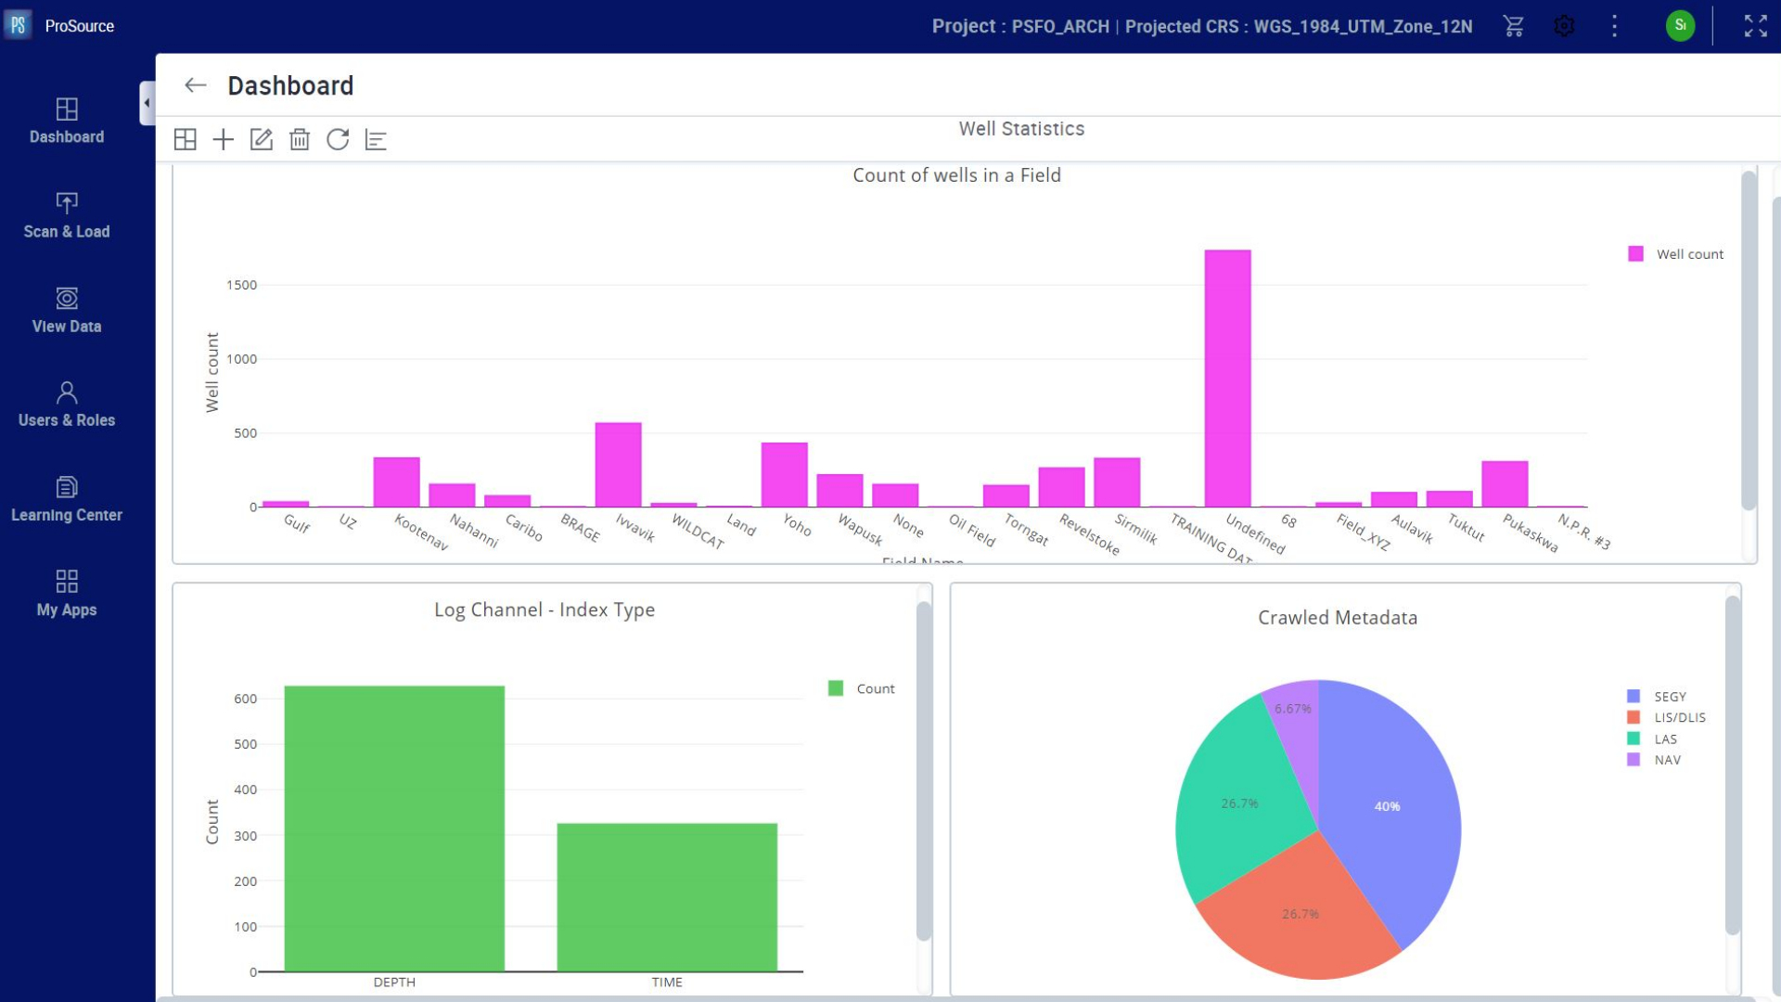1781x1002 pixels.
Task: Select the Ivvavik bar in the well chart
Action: [x=618, y=465]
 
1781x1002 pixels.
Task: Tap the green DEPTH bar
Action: [x=394, y=829]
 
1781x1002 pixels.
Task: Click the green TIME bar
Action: [x=667, y=897]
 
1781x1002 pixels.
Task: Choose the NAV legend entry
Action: [x=1667, y=760]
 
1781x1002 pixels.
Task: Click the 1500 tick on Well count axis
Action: [x=241, y=285]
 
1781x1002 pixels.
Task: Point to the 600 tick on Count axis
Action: [x=245, y=699]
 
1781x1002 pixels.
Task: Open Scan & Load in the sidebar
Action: [x=67, y=215]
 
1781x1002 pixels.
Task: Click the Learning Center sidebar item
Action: [x=67, y=499]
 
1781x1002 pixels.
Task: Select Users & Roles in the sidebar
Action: [x=67, y=405]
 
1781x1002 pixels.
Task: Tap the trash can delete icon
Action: [x=299, y=140]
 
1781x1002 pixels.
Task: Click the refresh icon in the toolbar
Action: [x=338, y=140]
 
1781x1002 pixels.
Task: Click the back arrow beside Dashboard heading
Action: [x=195, y=85]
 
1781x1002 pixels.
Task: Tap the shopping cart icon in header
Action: [x=1513, y=26]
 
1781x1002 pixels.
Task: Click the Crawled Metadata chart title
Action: [x=1337, y=618]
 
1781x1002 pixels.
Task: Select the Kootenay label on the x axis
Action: [x=422, y=533]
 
